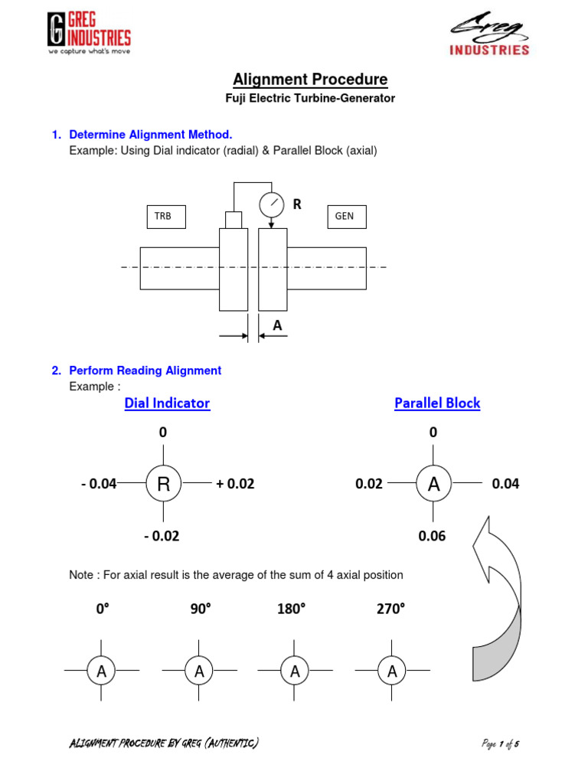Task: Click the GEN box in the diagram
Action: [346, 217]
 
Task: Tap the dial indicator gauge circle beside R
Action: [271, 204]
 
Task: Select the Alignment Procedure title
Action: [310, 80]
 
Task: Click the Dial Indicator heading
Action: [167, 403]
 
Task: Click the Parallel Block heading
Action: [437, 403]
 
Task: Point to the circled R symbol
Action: [163, 484]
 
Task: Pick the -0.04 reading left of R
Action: [98, 484]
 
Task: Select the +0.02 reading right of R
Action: [235, 484]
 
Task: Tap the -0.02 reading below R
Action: [162, 536]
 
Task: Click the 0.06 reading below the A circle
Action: [432, 536]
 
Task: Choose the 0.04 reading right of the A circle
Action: [505, 484]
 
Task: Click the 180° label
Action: [291, 609]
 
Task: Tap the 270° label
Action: [390, 609]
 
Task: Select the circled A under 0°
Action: [101, 671]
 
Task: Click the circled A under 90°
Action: [199, 671]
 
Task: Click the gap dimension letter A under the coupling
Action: [277, 325]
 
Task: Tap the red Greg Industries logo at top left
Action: [89, 34]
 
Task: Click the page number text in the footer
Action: [501, 743]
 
